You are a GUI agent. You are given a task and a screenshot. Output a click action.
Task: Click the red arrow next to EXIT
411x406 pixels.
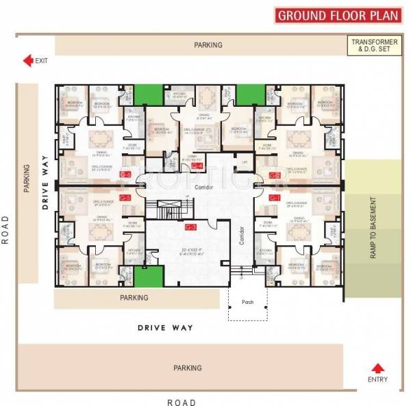[28, 61]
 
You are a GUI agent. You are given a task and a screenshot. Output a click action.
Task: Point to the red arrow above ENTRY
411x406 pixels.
[376, 368]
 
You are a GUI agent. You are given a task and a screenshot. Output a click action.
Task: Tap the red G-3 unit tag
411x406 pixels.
[191, 227]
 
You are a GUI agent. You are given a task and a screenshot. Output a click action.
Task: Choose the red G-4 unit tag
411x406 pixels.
[197, 166]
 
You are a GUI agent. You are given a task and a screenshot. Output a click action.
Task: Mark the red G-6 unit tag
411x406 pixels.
[125, 175]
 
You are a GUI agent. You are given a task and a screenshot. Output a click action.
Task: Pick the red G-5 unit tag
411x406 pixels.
[125, 198]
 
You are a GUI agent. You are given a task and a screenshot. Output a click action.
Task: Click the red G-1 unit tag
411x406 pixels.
[275, 198]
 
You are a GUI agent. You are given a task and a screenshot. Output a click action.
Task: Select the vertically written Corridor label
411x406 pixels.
[242, 237]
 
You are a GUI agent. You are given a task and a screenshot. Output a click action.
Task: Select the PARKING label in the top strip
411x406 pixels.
[208, 45]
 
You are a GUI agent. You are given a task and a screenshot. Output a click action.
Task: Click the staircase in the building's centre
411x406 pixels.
[168, 206]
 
